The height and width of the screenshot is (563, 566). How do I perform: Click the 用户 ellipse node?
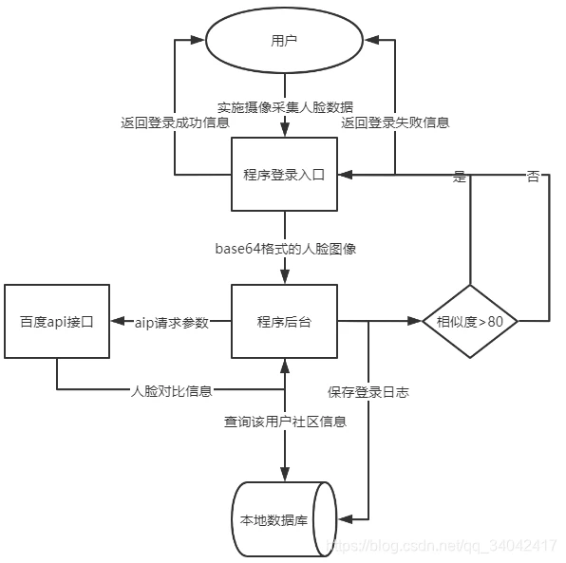(284, 40)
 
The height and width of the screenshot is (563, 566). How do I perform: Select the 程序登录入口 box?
(284, 175)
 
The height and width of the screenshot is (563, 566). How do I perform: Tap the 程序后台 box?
(284, 321)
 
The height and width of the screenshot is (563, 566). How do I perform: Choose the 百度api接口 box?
(57, 321)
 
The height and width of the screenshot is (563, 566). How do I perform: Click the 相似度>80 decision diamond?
(470, 321)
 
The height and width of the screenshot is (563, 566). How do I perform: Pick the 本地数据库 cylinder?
(284, 519)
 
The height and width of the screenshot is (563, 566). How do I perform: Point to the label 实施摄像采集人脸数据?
(285, 107)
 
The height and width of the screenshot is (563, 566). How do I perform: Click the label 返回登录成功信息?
(175, 122)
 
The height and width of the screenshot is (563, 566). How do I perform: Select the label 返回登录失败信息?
(395, 122)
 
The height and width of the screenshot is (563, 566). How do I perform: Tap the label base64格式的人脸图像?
(286, 249)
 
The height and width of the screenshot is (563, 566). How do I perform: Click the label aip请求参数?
(172, 322)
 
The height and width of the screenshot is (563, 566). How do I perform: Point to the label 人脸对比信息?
(172, 391)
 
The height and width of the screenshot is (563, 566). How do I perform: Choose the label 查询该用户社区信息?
(285, 422)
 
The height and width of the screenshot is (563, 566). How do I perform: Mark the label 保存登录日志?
(368, 392)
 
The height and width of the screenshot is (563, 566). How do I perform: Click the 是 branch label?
(460, 177)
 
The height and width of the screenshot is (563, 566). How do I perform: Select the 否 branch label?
(533, 177)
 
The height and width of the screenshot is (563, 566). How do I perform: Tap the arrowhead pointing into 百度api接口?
(118, 321)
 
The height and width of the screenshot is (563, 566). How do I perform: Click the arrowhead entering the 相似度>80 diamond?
(415, 321)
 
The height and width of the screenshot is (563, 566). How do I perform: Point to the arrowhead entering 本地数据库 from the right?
(345, 519)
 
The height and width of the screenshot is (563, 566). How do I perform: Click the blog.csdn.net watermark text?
(442, 545)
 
